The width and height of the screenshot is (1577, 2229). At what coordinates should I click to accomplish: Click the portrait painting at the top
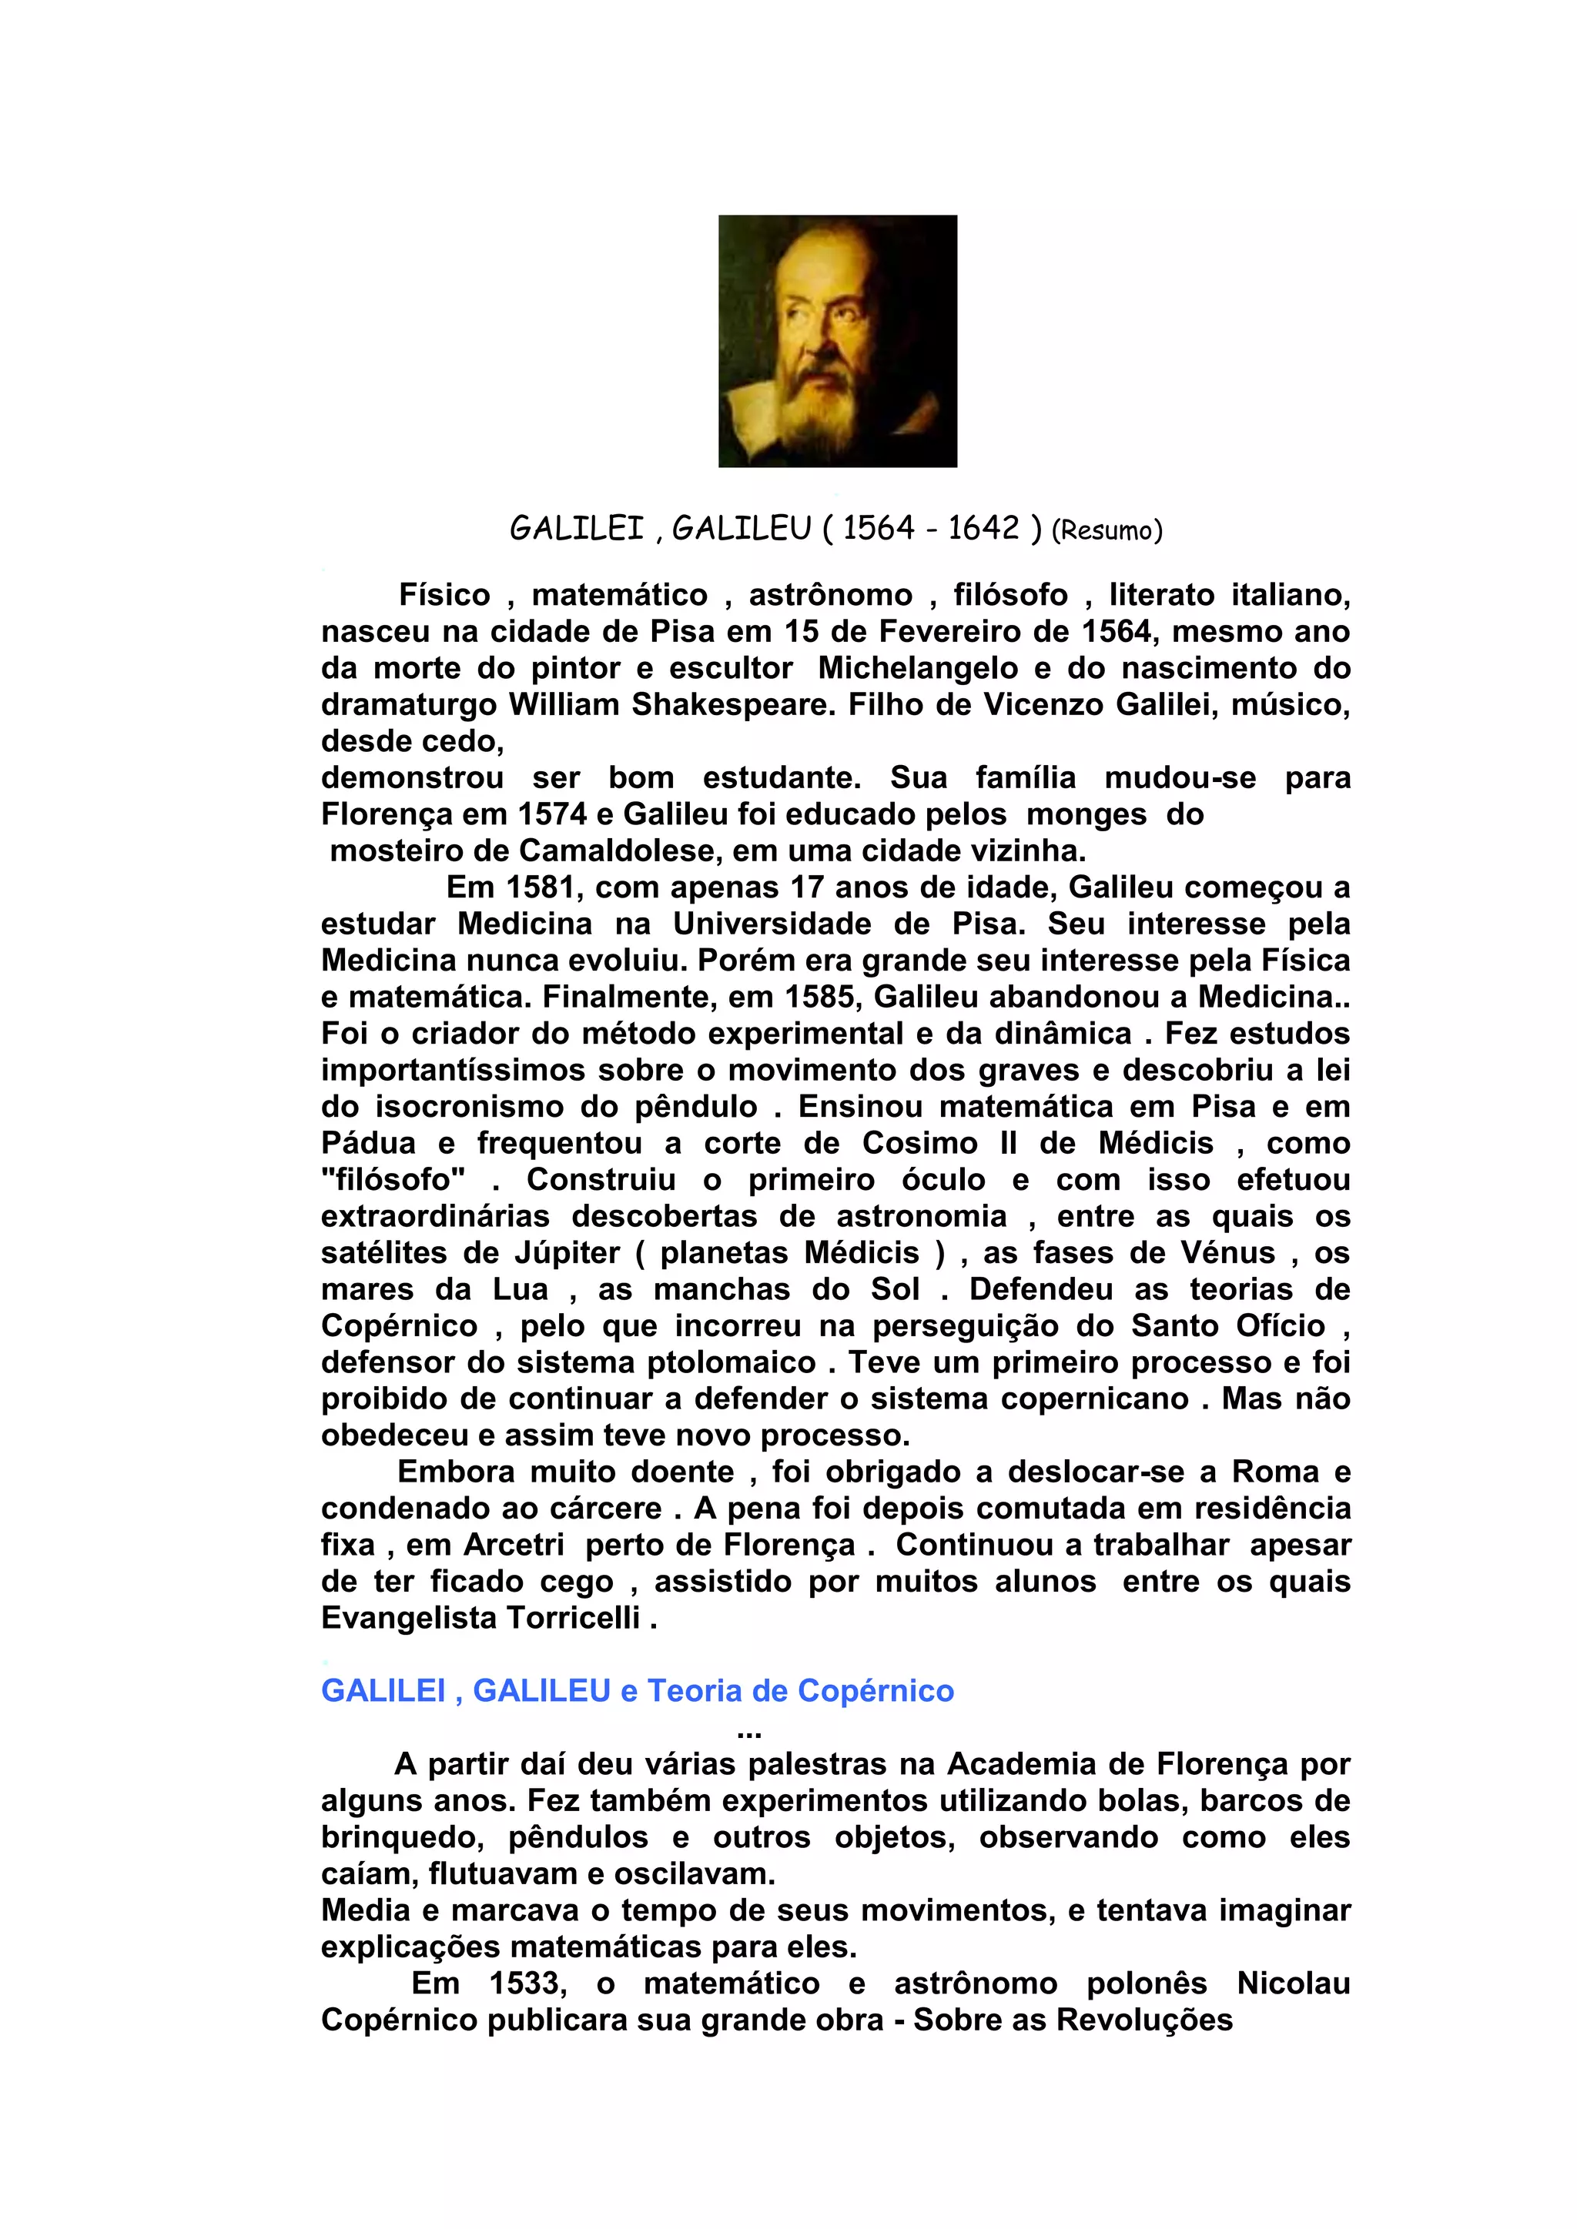[x=837, y=341]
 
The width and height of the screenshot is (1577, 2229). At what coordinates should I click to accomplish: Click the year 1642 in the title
[x=983, y=528]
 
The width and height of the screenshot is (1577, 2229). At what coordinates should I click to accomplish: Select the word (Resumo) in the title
[x=1107, y=530]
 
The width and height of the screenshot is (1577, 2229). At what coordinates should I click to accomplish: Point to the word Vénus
[x=1227, y=1252]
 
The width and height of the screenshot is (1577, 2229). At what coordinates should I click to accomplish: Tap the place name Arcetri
[x=514, y=1545]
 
